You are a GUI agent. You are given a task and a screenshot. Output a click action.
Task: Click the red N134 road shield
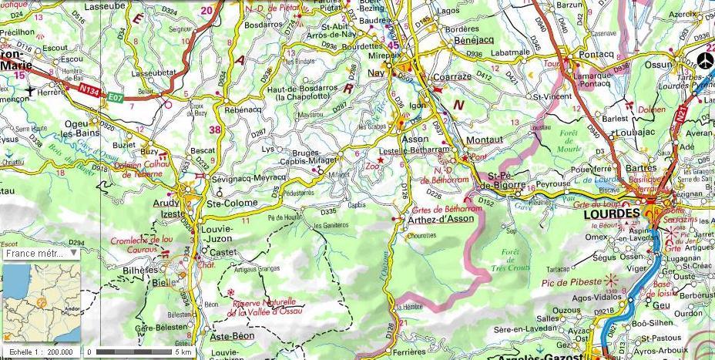pyautogui.click(x=91, y=89)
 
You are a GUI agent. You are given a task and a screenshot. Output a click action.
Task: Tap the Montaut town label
pyautogui.click(x=484, y=139)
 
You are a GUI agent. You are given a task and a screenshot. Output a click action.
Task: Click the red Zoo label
pyautogui.click(x=372, y=165)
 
